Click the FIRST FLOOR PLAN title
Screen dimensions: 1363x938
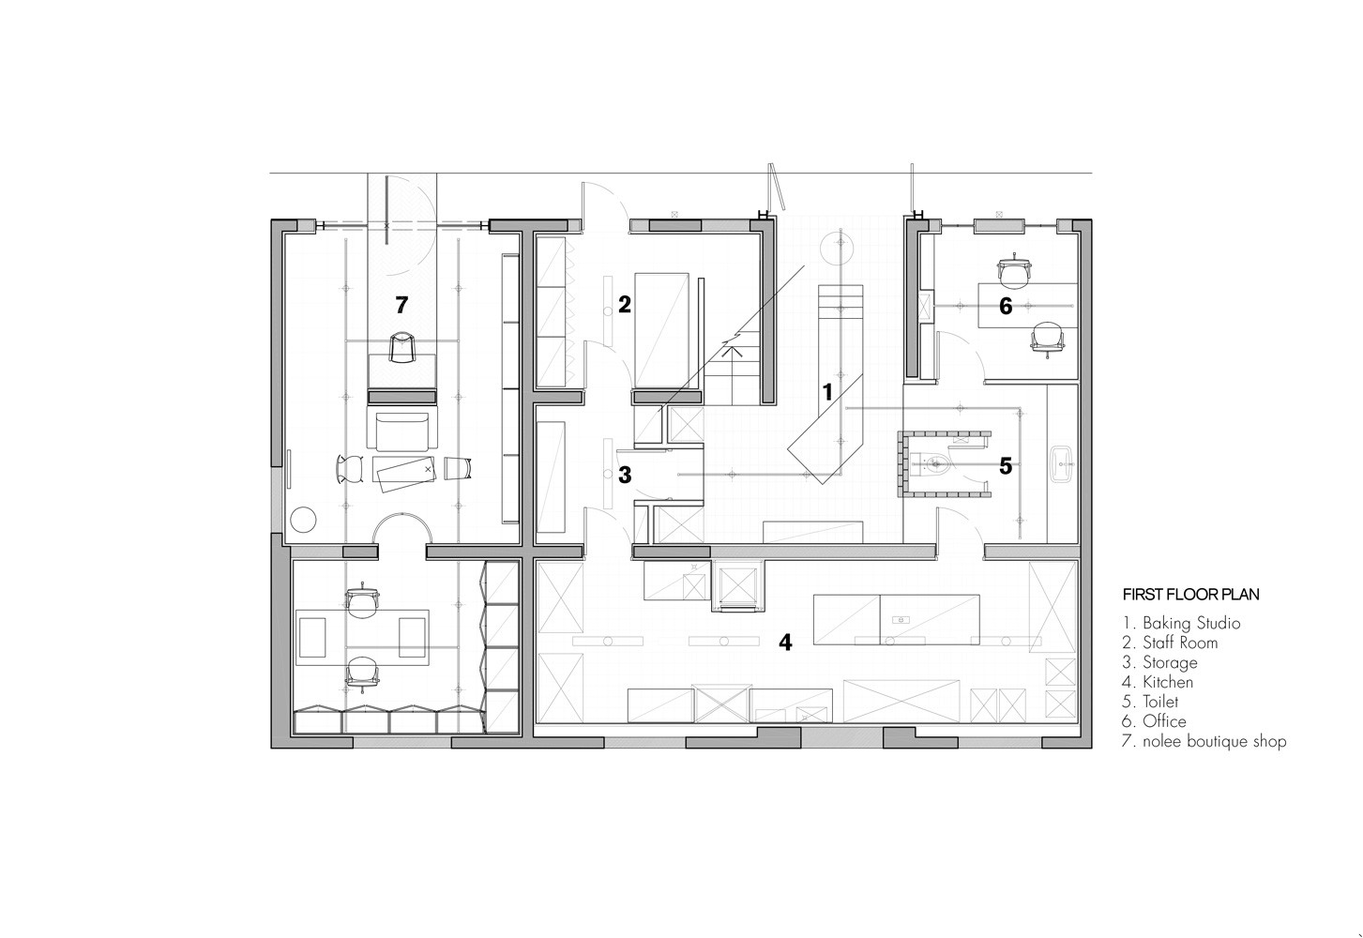(1190, 595)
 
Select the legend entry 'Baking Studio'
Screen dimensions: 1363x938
(1191, 623)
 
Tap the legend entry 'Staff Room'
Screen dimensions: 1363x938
(1180, 643)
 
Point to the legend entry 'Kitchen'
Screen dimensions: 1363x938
(1168, 682)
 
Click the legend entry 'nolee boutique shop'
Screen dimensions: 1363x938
(1215, 742)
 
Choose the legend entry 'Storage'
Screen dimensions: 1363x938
(1170, 662)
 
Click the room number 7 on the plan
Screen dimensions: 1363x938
(401, 305)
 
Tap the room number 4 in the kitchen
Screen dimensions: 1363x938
(785, 643)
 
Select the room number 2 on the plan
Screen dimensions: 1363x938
(625, 304)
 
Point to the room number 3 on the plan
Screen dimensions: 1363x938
(625, 475)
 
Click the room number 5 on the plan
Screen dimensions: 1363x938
(1006, 466)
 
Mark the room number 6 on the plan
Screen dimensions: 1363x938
(1006, 306)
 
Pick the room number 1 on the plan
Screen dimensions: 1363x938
(827, 392)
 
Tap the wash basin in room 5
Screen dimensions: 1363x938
(1061, 464)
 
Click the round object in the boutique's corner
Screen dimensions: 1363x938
(303, 520)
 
